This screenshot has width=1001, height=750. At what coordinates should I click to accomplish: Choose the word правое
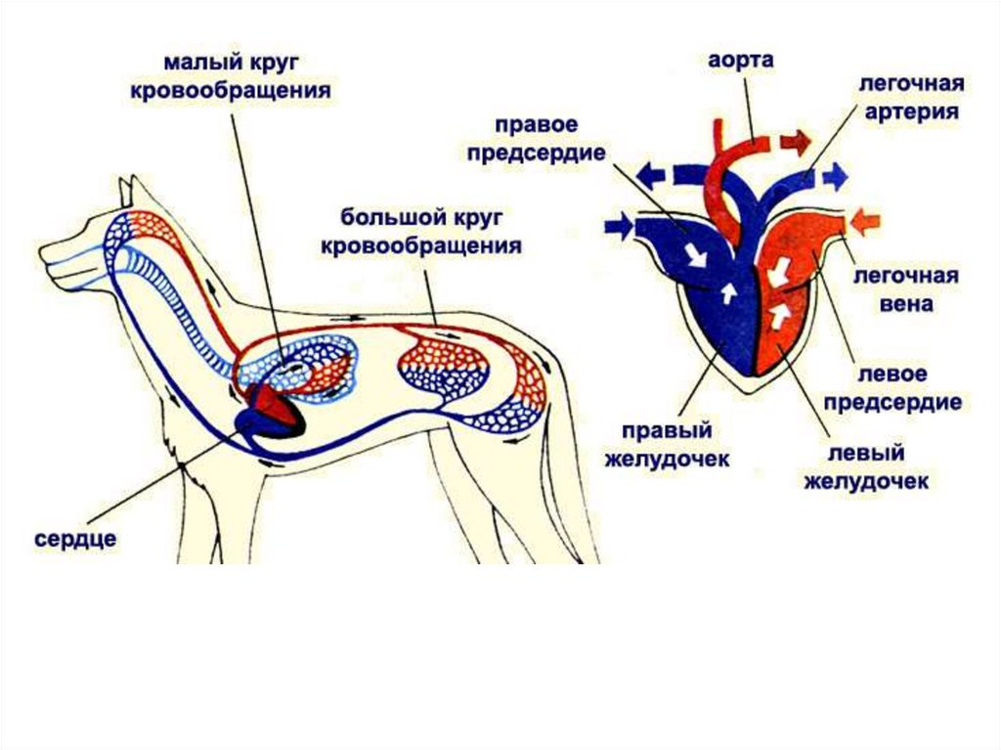point(537,125)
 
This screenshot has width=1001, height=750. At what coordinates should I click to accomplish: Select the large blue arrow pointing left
point(651,175)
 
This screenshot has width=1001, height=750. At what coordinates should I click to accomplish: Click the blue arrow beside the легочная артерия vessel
point(834,177)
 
